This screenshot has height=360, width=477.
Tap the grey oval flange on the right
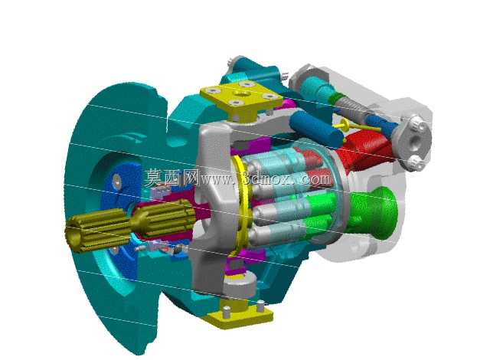412,141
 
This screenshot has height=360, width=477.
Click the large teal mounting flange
116,213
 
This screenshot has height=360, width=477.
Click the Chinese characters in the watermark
172,178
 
